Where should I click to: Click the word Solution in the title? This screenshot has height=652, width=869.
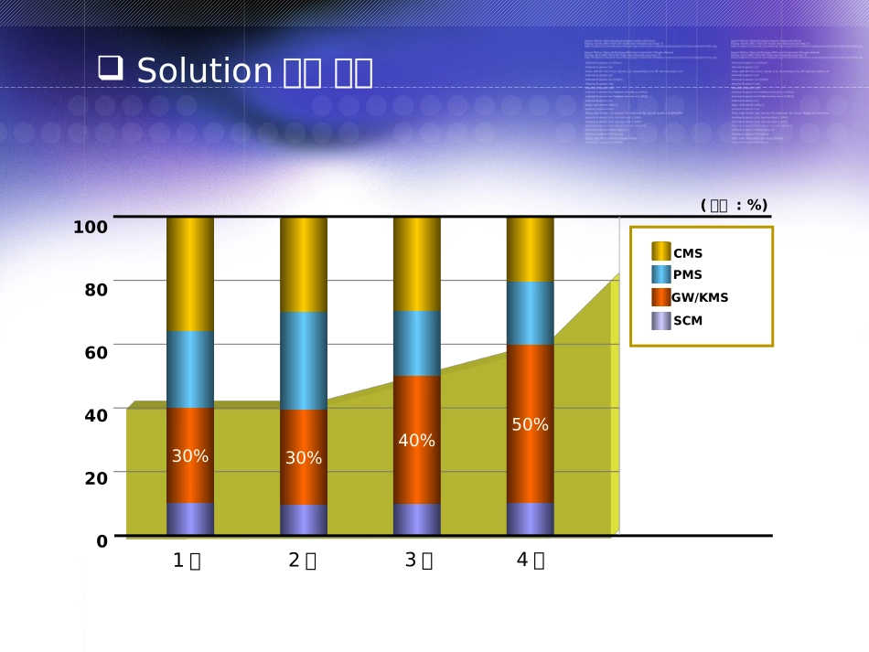205,71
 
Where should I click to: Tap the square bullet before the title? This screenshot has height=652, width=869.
110,68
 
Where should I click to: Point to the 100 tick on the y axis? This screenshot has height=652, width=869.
91,227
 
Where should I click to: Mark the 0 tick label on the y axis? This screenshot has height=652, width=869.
102,541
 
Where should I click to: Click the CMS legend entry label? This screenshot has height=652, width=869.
688,253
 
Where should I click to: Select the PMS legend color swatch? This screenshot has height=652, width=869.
660,274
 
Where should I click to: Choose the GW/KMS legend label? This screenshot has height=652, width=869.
700,297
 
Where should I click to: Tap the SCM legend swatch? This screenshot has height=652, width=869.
660,321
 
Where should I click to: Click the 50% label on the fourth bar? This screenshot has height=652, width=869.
531,425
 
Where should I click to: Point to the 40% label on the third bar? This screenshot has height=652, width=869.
416,441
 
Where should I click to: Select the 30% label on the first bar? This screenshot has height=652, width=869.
190,456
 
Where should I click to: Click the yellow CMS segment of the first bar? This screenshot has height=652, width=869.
190,274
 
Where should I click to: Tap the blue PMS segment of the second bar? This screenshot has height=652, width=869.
304,360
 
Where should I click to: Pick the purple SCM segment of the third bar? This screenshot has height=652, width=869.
416,518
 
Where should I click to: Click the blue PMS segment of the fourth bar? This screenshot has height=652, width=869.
531,313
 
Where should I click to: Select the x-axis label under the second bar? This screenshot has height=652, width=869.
302,561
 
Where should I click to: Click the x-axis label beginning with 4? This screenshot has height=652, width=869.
530,560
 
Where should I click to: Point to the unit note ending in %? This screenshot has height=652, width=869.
734,205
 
